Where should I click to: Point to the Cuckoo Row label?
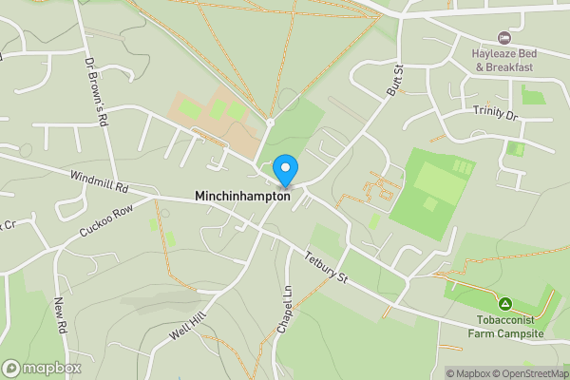coord(106,221)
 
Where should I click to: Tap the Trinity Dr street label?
coord(496,112)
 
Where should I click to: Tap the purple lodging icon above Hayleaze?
coord(503,38)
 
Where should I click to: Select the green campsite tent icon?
coord(505,304)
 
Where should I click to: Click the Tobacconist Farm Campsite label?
coord(505,327)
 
